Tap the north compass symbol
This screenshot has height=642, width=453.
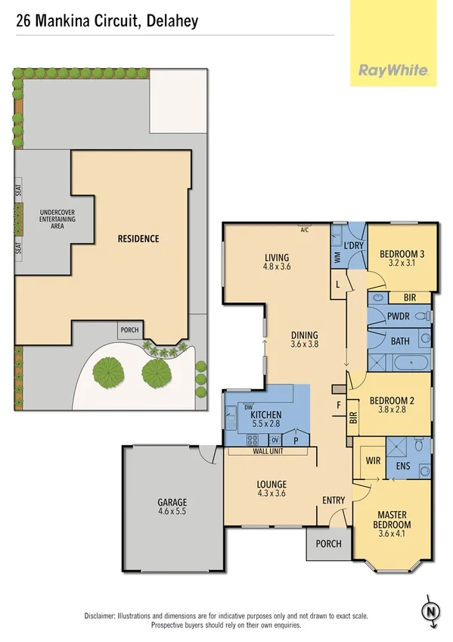[431, 611]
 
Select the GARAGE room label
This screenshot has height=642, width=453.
[172, 502]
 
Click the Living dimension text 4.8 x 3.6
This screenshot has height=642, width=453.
[277, 266]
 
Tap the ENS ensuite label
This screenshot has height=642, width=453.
[403, 466]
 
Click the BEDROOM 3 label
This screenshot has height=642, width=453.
[402, 254]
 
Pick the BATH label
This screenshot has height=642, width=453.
[400, 341]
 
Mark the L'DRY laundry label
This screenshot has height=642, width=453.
[354, 247]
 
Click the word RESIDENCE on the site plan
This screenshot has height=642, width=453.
[138, 238]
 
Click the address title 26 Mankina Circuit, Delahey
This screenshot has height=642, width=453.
[107, 21]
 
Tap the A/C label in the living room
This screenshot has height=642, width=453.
[305, 229]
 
